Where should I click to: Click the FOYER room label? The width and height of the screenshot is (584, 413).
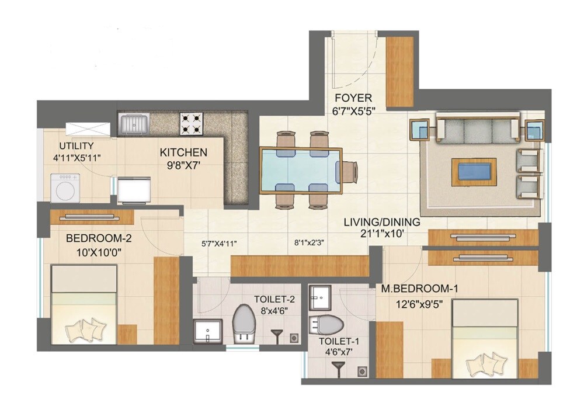tap(352, 97)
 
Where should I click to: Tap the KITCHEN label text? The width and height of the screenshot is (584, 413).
tap(183, 152)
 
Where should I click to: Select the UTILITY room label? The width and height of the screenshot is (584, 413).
tap(76, 145)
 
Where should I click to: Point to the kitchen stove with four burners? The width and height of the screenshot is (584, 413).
tap(191, 123)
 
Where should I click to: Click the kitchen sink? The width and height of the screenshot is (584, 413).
tap(134, 124)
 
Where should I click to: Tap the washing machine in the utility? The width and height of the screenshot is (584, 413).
tap(64, 187)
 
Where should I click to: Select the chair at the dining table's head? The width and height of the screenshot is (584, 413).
tap(348, 171)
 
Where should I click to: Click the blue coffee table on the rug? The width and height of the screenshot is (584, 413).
tap(474, 172)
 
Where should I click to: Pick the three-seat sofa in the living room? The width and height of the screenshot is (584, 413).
tap(478, 129)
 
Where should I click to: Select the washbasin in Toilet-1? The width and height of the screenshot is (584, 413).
tap(319, 299)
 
